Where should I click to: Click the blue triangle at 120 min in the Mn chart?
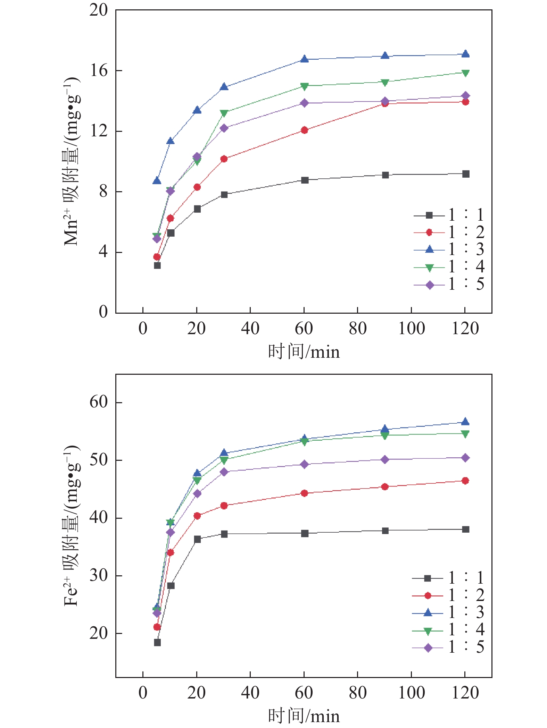click(x=465, y=54)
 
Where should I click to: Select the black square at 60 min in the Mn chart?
click(x=305, y=180)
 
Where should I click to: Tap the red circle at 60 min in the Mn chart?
click(x=305, y=130)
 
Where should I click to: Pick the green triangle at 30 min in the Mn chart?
click(x=224, y=113)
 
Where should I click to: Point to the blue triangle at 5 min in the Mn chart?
click(x=157, y=181)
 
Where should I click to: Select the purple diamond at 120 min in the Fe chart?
click(x=465, y=458)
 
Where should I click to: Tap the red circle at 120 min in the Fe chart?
click(x=465, y=481)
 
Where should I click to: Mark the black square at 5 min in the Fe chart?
click(x=157, y=643)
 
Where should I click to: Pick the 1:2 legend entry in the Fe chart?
click(x=448, y=595)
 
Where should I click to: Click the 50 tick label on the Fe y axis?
click(x=99, y=460)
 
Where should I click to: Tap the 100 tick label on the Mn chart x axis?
click(x=411, y=329)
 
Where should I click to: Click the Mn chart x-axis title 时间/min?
click(x=304, y=352)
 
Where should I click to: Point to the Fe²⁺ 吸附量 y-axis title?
click(x=72, y=525)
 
